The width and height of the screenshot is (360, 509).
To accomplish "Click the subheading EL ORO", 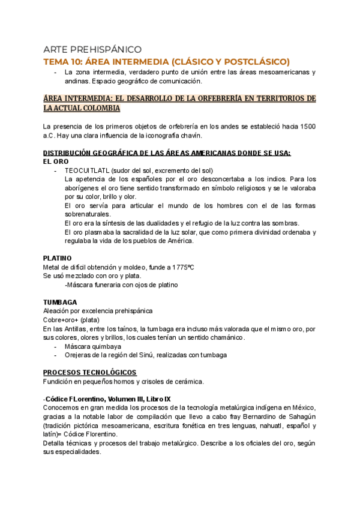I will tap(56, 161).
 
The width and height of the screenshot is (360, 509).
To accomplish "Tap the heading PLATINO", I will tap(58, 258).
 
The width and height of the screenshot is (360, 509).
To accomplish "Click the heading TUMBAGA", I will tap(59, 302).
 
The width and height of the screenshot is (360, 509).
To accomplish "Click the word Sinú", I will tap(148, 355).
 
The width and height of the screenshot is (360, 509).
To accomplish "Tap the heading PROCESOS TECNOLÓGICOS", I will tap(89, 372).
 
